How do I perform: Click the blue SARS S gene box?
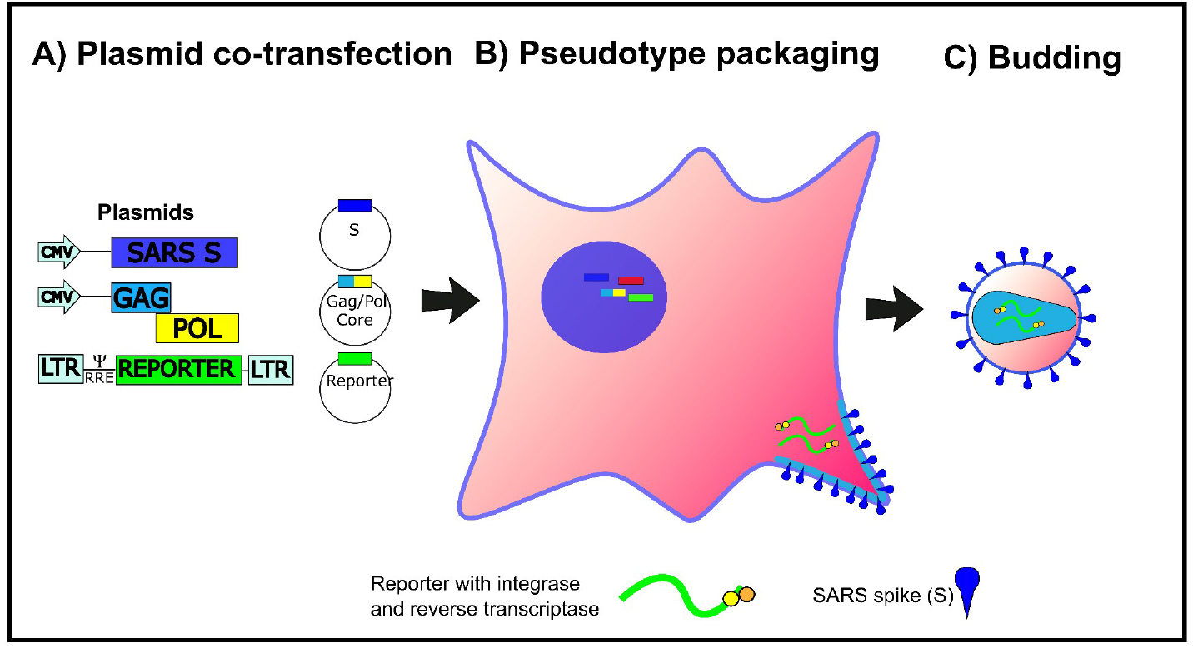pyautogui.click(x=175, y=252)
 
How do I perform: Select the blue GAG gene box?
pyautogui.click(x=140, y=297)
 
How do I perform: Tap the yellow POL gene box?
pyautogui.click(x=197, y=328)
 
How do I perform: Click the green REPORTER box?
pyautogui.click(x=179, y=369)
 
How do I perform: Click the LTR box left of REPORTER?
pyautogui.click(x=59, y=369)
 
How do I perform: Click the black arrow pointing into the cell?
pyautogui.click(x=451, y=297)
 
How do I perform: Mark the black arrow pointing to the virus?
pyautogui.click(x=894, y=307)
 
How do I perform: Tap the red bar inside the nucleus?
pyautogui.click(x=631, y=281)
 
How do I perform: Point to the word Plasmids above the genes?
pyautogui.click(x=146, y=212)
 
